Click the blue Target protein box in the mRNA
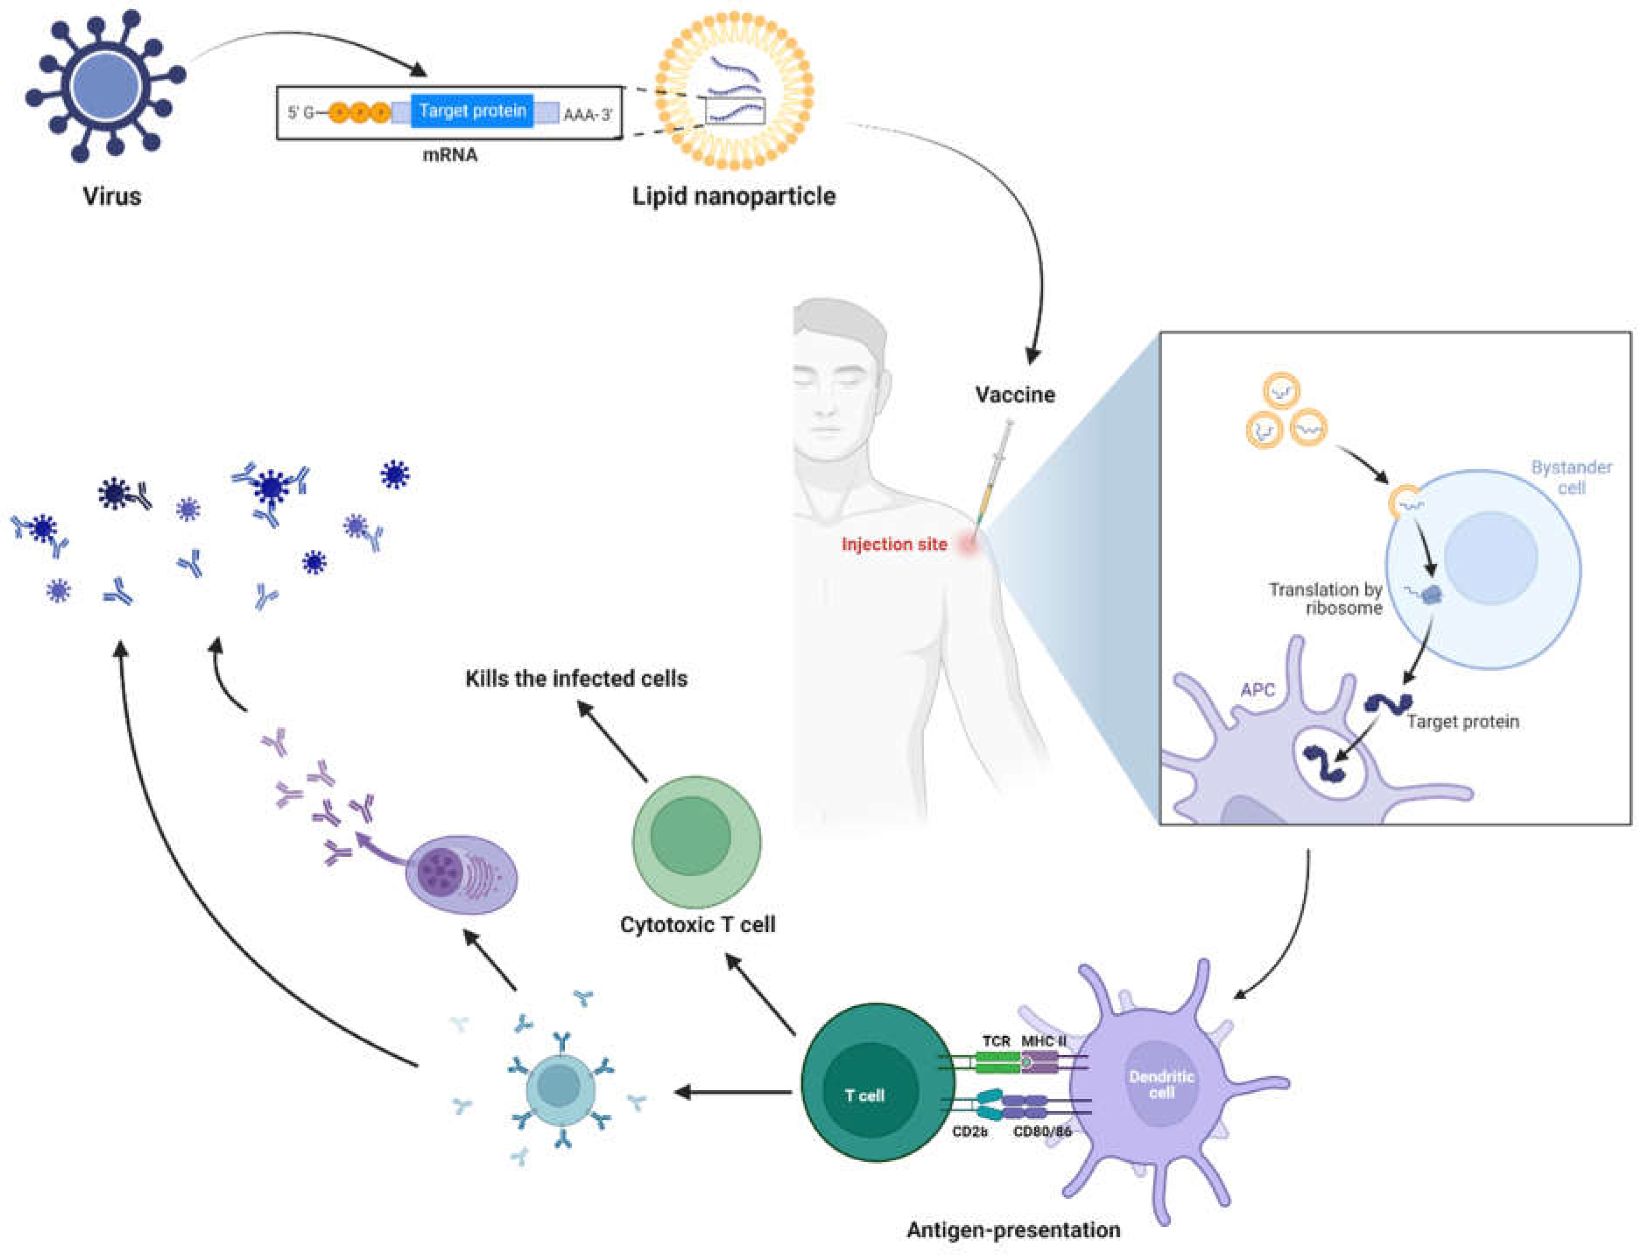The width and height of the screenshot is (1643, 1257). click(x=471, y=111)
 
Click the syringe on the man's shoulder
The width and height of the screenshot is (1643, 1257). click(x=994, y=471)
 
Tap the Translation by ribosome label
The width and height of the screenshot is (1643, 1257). click(x=1326, y=599)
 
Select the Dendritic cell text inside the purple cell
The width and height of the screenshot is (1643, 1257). click(x=1161, y=1084)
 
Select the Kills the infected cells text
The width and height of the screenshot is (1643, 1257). click(x=576, y=679)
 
